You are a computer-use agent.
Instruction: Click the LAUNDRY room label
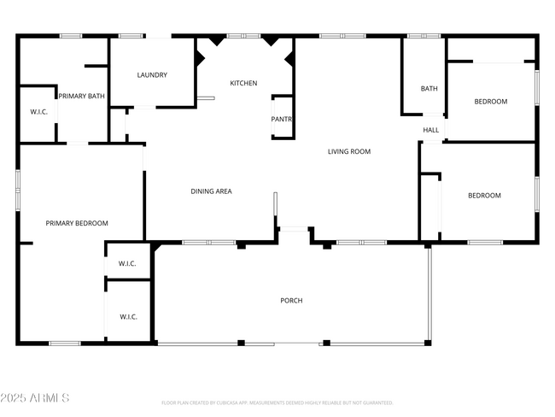click(x=152, y=75)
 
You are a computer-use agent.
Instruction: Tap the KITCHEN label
click(x=243, y=83)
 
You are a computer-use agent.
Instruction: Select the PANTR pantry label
click(x=282, y=120)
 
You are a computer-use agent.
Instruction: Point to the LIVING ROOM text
click(x=349, y=151)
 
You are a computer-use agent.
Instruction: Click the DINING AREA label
click(x=211, y=191)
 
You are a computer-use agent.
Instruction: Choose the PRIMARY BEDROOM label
click(x=77, y=223)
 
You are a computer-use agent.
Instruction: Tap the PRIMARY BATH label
click(x=81, y=97)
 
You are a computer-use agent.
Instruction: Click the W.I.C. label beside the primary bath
click(x=38, y=112)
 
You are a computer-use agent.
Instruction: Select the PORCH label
click(x=291, y=301)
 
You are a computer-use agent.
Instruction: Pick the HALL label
click(x=431, y=130)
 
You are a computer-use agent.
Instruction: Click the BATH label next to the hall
click(x=429, y=89)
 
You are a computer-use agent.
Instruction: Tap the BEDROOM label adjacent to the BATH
click(x=490, y=102)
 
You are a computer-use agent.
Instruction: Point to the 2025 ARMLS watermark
click(x=35, y=398)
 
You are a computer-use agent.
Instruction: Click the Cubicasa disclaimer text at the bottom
click(x=277, y=402)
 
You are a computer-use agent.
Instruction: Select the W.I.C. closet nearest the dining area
click(x=127, y=263)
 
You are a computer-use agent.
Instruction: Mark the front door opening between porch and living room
click(x=294, y=228)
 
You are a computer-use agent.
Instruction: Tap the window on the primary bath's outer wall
click(x=71, y=36)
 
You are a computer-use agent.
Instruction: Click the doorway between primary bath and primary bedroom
click(x=77, y=144)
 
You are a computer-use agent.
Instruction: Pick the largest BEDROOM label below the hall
click(x=484, y=196)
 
